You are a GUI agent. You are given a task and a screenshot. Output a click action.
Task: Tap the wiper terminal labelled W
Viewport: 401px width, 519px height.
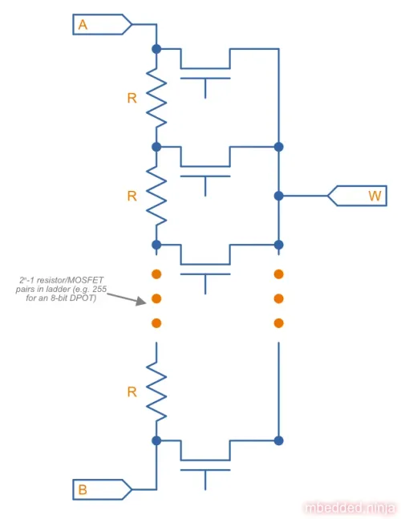358,196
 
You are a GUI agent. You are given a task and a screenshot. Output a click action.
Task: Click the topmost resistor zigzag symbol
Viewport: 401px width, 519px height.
156,98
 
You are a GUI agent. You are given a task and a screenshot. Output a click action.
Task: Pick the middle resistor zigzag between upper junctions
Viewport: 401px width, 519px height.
156,196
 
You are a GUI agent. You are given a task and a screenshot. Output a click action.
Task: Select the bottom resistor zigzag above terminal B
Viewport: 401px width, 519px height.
156,392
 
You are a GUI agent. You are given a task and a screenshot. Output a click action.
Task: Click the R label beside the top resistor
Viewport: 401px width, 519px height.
132,98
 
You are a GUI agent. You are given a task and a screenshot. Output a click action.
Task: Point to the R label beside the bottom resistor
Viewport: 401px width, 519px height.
132,392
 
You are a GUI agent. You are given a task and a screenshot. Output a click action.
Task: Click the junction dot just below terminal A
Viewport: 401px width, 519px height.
156,49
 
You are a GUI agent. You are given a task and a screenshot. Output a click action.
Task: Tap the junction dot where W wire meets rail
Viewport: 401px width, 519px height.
279,196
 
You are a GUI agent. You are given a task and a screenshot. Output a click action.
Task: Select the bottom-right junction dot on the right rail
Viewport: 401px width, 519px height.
279,440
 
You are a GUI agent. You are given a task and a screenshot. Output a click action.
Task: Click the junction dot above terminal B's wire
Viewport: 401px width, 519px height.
156,440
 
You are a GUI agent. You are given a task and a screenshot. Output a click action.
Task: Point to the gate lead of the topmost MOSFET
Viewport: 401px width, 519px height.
205,88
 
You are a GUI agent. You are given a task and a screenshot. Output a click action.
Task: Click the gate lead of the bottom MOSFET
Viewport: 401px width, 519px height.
205,480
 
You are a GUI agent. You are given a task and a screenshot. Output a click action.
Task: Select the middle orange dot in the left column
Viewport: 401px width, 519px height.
156,298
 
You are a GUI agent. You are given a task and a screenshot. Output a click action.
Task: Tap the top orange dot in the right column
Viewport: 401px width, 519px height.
279,274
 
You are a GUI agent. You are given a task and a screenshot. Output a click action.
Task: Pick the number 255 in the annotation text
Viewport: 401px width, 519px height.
99,290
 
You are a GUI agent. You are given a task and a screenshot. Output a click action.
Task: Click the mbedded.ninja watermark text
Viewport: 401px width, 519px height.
350,508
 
